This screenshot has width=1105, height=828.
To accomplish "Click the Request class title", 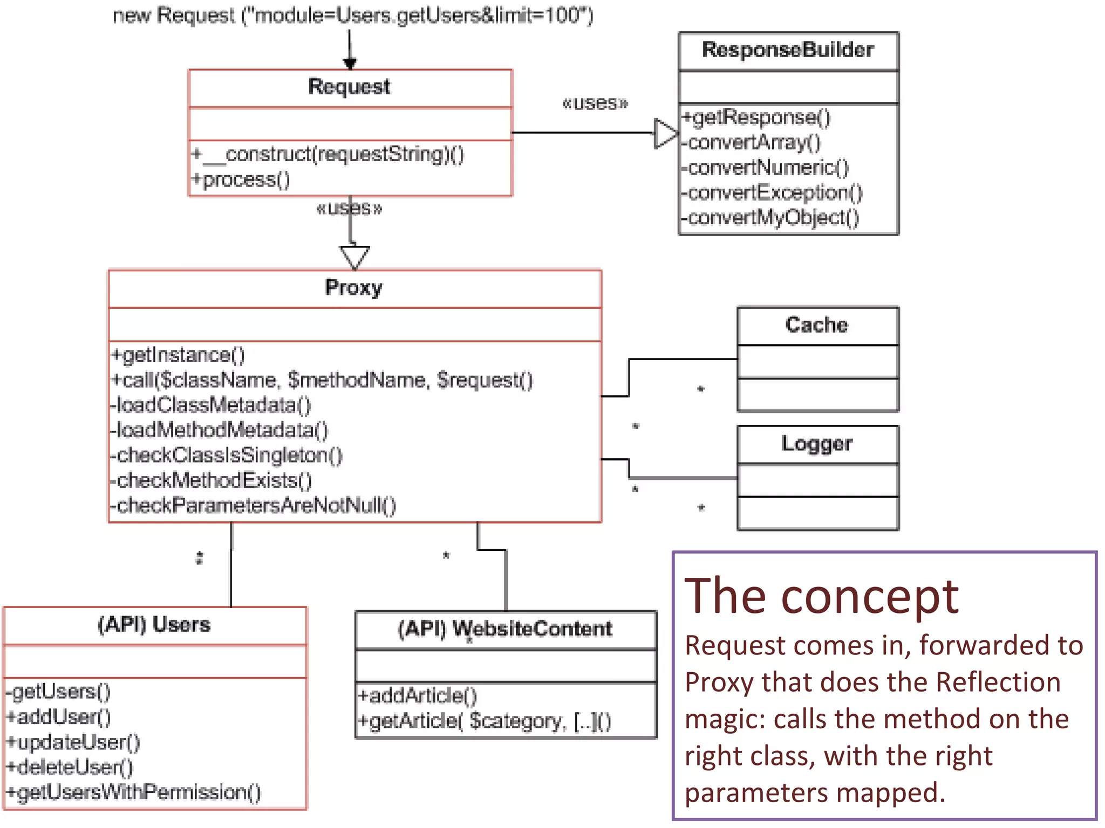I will click(x=349, y=87).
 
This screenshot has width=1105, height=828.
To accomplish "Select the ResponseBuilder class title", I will click(x=788, y=50).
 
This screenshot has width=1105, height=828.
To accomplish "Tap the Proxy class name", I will click(x=353, y=287).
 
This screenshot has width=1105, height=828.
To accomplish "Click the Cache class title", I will click(x=816, y=325).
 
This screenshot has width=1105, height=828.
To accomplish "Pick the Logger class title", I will click(x=816, y=443).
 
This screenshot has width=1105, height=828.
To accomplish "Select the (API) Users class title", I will click(x=154, y=624).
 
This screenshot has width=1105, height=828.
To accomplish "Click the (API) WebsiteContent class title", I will click(x=505, y=629).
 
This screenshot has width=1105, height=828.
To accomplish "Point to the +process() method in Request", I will click(x=241, y=180).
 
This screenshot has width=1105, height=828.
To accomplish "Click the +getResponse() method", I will click(x=756, y=118).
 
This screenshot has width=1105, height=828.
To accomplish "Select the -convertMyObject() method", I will click(x=770, y=218).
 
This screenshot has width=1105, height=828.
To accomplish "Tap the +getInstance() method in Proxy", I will click(x=178, y=355).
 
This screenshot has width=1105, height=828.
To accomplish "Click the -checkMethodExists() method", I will click(x=211, y=480).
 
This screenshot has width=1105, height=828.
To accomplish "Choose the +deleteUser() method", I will click(x=70, y=767).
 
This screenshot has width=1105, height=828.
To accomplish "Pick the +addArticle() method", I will click(x=418, y=695).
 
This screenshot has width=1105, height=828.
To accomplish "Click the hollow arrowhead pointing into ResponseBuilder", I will click(x=665, y=133).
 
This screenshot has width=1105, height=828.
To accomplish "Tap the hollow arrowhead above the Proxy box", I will click(x=354, y=257).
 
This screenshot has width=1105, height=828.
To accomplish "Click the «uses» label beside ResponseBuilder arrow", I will click(x=595, y=103).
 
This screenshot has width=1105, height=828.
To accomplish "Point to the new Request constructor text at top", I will click(x=353, y=16).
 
